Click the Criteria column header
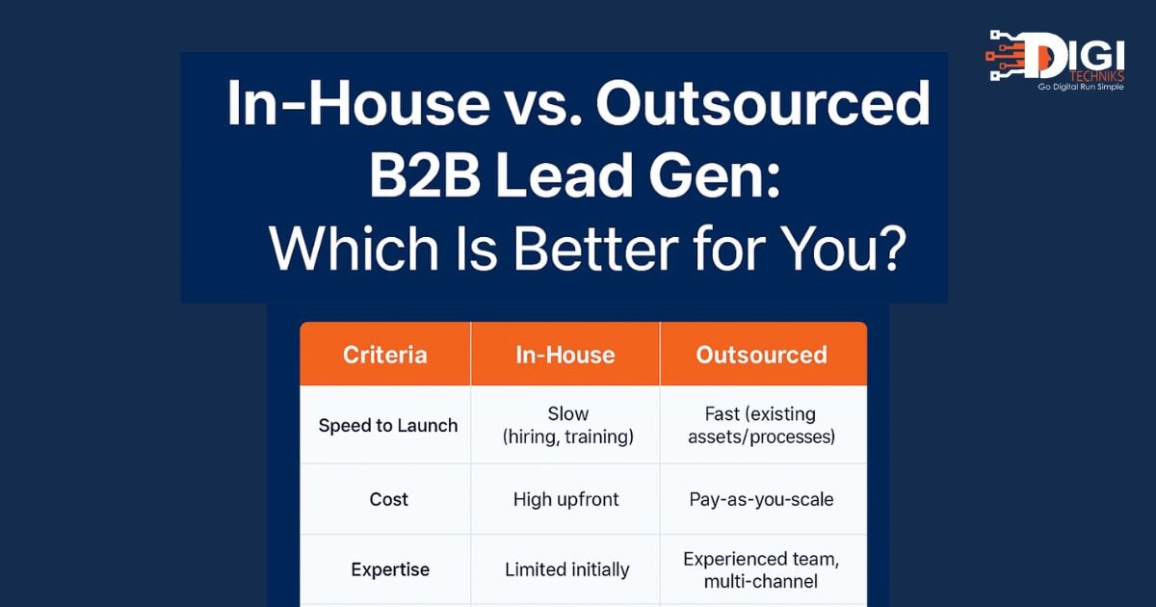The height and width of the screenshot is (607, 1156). coord(385,356)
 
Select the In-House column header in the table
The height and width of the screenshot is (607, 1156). coord(565,356)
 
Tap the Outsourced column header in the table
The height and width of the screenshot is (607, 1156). coord(762,356)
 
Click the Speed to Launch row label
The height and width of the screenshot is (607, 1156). coord(388,425)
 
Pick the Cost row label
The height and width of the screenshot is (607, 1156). coord(388,499)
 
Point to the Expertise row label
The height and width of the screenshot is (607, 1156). coord(390,569)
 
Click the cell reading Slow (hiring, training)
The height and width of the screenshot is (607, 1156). coord(567,425)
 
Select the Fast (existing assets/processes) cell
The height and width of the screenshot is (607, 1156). coord(761,425)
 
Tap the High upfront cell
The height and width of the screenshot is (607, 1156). coord(565,500)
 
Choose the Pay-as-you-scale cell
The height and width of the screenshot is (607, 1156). coord(761,500)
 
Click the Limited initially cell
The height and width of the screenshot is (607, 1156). coord(566,569)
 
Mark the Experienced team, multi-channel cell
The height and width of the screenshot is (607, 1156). coord(761,569)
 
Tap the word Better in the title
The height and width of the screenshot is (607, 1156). coord(595,249)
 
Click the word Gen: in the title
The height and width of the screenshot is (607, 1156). coord(714,176)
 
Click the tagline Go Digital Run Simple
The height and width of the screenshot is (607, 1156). coord(1081,88)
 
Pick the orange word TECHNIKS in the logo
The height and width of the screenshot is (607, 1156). coord(1096,76)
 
